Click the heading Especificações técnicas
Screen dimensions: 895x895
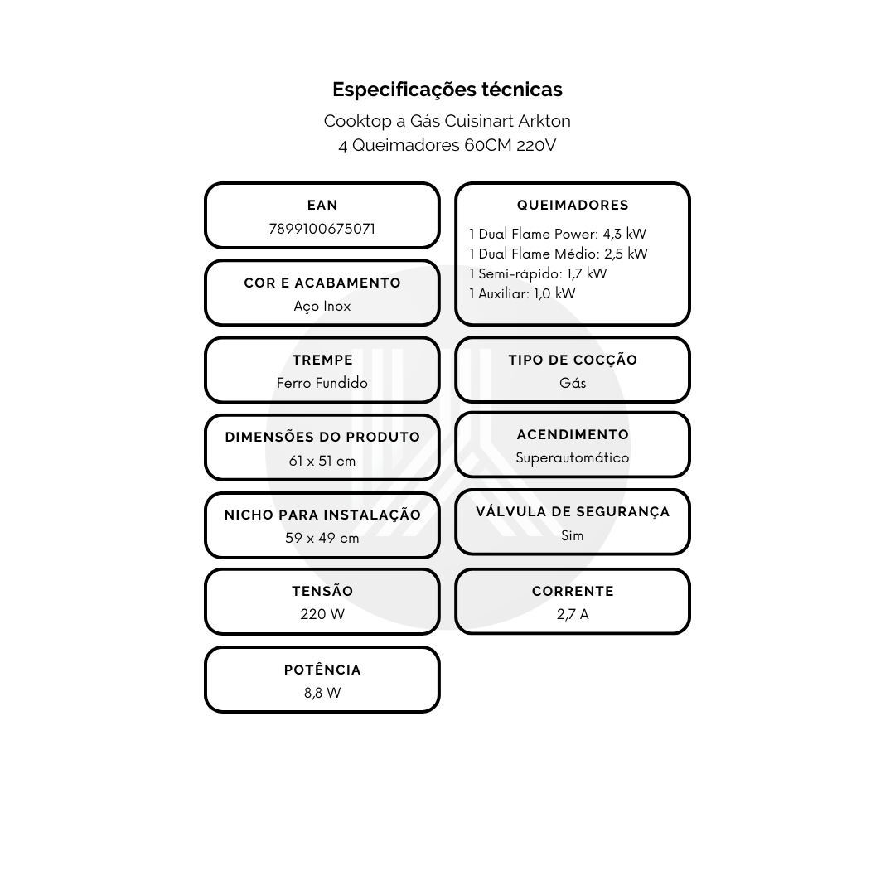447,89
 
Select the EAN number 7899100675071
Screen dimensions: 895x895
322,229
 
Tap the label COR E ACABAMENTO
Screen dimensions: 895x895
322,283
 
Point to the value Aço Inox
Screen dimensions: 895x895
322,307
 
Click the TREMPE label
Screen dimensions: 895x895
322,360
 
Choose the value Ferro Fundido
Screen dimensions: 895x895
322,383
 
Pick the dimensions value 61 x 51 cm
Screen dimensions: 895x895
322,461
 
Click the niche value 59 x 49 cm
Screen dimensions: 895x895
322,538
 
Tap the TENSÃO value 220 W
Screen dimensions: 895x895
322,614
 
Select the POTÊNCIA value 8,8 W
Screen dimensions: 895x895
322,693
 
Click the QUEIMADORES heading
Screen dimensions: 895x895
573,205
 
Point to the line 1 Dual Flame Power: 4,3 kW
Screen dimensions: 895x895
558,234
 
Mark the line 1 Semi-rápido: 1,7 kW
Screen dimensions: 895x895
538,274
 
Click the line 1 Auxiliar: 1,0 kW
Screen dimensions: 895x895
522,293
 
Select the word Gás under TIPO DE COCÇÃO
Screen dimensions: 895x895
573,383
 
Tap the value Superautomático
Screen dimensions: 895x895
573,457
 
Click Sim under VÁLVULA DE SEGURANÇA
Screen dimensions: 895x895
573,535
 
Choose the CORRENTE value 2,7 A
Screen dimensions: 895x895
573,614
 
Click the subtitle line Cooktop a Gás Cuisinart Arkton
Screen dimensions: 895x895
447,121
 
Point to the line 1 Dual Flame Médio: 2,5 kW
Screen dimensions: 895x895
559,254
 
